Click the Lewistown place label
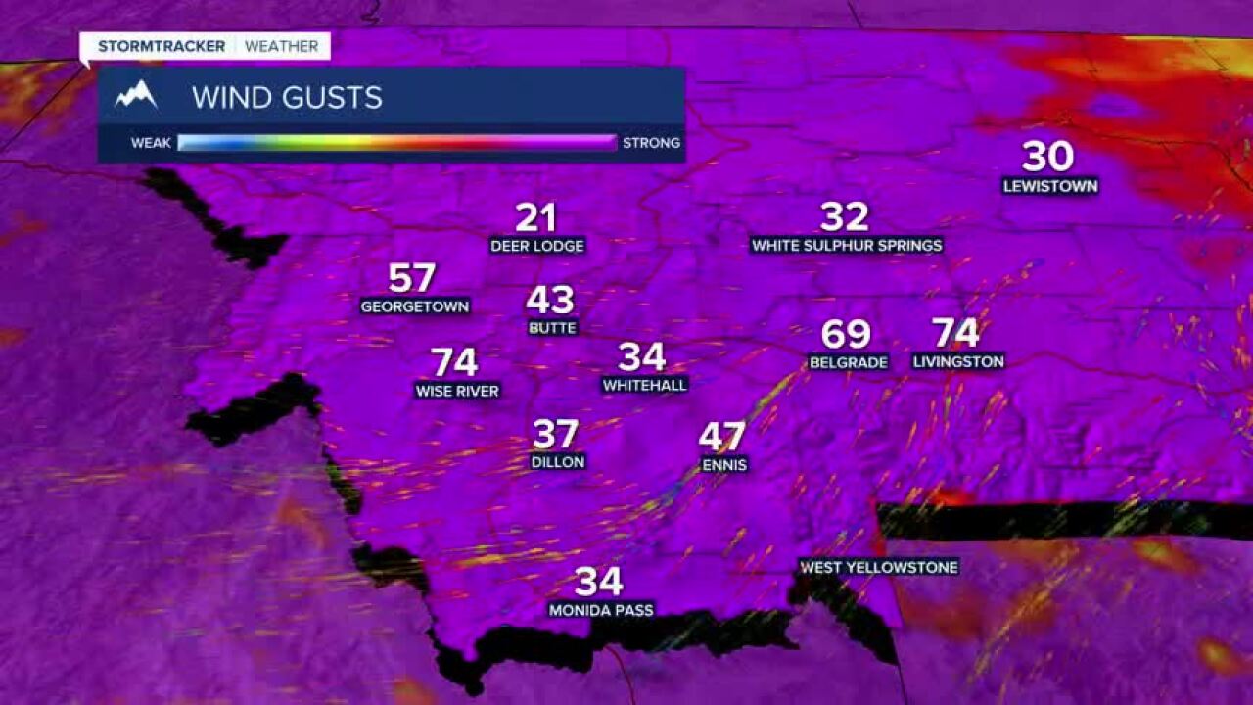pyautogui.click(x=1050, y=186)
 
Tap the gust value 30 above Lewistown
pyautogui.click(x=1048, y=157)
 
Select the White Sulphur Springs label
pyautogui.click(x=847, y=245)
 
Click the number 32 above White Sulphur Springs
pyautogui.click(x=844, y=216)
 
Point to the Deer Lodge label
pyautogui.click(x=537, y=246)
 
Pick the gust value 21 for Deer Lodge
pyautogui.click(x=535, y=217)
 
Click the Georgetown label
pyautogui.click(x=415, y=306)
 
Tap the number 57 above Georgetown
pyautogui.click(x=411, y=278)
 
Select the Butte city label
pyautogui.click(x=552, y=328)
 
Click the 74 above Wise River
pyautogui.click(x=454, y=362)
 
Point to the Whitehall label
pyautogui.click(x=644, y=385)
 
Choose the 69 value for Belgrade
pyautogui.click(x=846, y=334)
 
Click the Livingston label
pyautogui.click(x=958, y=361)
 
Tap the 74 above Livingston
pyautogui.click(x=955, y=333)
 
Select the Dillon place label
pyautogui.click(x=557, y=461)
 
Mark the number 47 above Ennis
pyautogui.click(x=722, y=437)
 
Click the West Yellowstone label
pyautogui.click(x=878, y=567)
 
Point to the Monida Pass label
pyautogui.click(x=600, y=610)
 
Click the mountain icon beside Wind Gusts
pyautogui.click(x=136, y=96)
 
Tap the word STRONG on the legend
pyautogui.click(x=651, y=143)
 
